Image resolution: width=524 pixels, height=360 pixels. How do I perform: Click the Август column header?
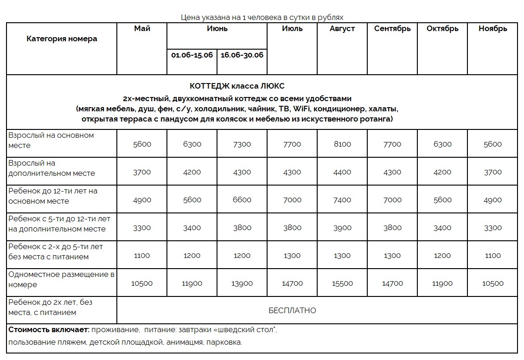coord(342,29)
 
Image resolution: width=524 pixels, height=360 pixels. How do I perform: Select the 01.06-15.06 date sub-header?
coord(192,55)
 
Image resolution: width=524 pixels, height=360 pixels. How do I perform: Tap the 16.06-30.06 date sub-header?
coord(242,55)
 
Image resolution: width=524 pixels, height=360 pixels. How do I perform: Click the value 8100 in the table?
coord(342,144)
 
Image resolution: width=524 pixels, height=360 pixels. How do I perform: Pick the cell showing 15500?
coord(342,283)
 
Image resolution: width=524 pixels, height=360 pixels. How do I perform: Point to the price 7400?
coord(342,200)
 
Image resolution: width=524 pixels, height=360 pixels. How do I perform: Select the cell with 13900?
coord(242,283)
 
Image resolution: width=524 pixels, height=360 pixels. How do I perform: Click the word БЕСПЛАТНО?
coord(292,310)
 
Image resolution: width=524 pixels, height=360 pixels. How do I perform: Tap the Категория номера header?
coord(62,39)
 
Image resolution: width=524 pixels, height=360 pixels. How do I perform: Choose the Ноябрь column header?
coord(493,29)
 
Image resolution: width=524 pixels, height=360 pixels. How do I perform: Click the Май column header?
coord(142,29)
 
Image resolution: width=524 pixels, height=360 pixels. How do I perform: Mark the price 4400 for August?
coord(342,172)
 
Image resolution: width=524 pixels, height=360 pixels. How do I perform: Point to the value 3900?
coord(342,228)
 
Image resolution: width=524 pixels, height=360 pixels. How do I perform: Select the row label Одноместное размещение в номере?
coord(61,279)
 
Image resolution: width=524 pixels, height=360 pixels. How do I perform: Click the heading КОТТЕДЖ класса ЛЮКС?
coord(237,86)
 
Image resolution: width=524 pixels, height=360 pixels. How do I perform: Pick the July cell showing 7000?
coord(292,200)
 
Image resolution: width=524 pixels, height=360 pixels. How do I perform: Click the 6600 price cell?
coord(242,200)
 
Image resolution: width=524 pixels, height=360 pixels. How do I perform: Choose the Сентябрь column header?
coord(392,29)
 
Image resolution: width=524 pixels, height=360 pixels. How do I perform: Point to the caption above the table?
coord(262,18)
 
